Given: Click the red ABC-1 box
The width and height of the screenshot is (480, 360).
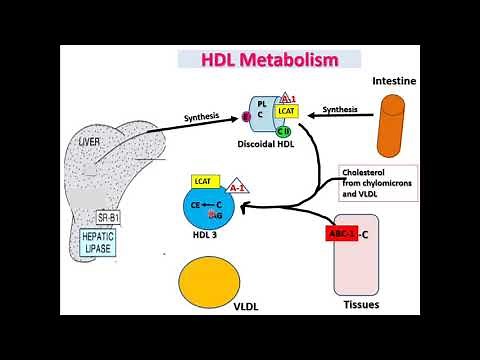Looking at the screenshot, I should click(342, 235).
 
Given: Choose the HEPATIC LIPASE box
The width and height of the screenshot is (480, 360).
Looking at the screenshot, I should click(101, 242).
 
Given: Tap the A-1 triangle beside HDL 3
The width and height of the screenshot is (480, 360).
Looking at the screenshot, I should click(237, 186).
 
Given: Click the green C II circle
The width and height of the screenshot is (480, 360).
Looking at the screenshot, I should click(284, 132).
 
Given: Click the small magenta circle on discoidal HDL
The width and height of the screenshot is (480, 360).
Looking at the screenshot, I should click(248, 116).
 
